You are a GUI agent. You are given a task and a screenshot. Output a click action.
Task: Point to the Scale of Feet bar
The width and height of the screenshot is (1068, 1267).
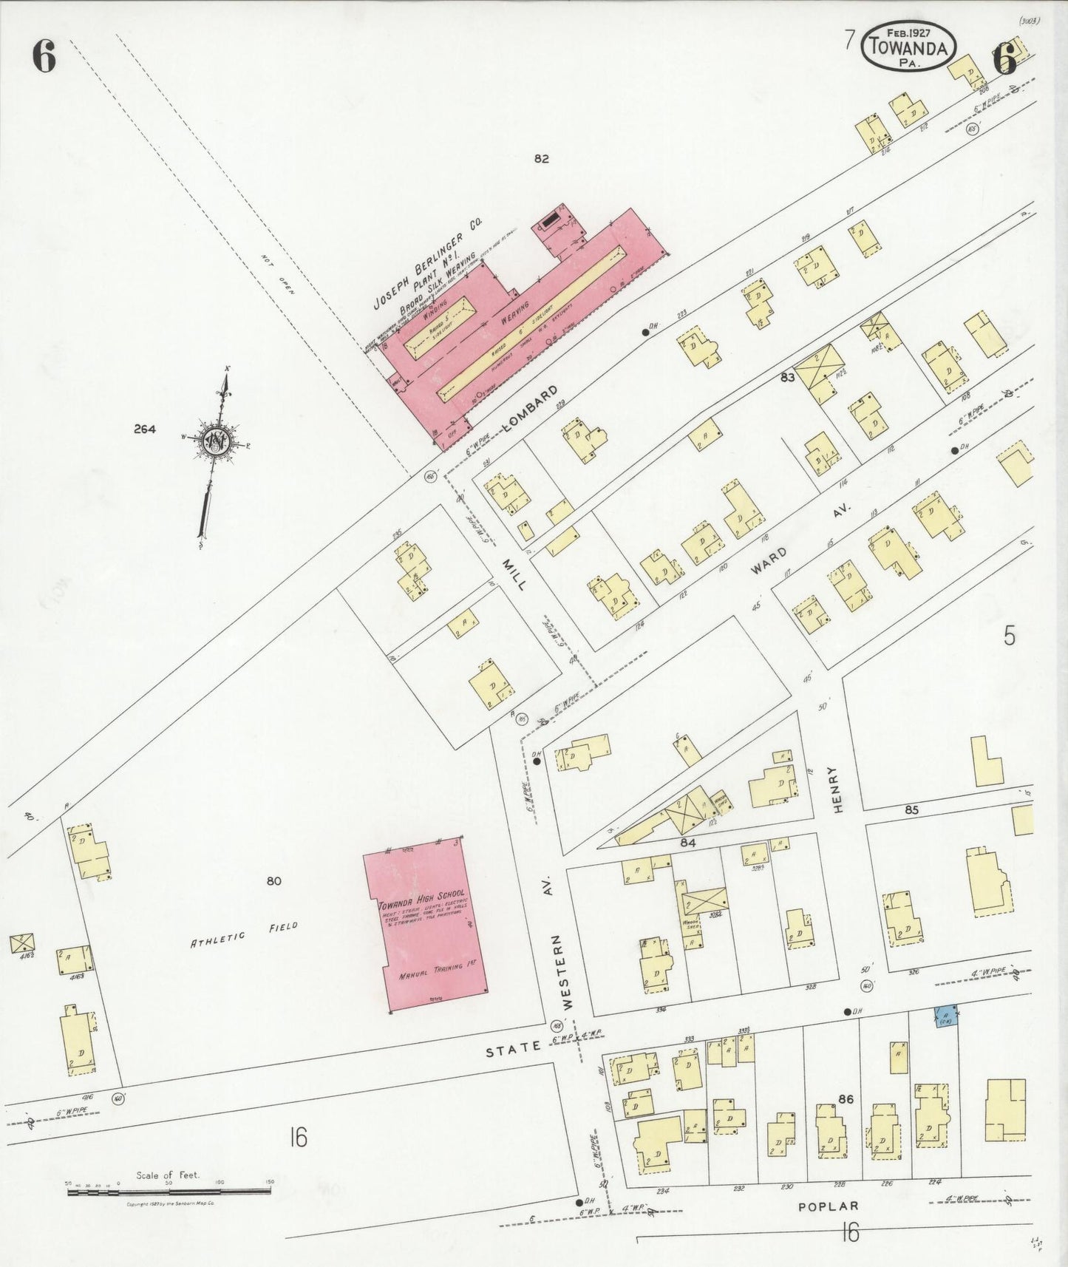[169, 1191]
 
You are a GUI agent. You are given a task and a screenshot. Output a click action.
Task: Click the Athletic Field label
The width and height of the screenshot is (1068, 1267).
[244, 934]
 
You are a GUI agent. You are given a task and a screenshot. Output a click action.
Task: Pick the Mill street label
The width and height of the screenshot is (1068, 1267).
[514, 574]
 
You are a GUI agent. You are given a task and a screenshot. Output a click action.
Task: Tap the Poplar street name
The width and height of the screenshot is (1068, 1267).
[828, 1206]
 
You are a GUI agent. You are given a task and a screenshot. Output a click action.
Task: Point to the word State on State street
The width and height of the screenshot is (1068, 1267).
[513, 1047]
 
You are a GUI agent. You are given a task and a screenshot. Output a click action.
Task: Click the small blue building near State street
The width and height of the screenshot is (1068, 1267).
[945, 1016]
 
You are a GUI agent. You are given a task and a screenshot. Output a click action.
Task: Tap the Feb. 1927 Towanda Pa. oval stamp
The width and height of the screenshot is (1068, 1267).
[908, 46]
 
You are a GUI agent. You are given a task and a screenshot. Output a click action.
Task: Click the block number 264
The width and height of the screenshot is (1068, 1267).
[145, 429]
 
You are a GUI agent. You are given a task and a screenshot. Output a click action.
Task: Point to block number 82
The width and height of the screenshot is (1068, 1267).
[542, 158]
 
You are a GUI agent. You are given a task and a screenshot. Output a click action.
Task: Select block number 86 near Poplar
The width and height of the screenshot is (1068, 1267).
[846, 1099]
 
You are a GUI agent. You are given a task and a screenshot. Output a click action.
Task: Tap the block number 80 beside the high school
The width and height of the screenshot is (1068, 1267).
[274, 880]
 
